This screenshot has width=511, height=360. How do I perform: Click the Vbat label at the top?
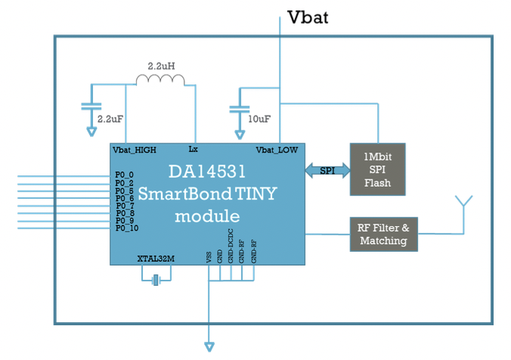(x=308, y=17)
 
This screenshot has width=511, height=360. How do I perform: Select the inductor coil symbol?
(x=160, y=80)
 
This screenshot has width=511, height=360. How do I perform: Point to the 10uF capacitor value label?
(x=259, y=119)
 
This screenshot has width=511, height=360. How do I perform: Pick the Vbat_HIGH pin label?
(x=135, y=150)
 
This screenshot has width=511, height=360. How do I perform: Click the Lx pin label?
(x=193, y=149)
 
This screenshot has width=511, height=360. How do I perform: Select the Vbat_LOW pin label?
(x=277, y=150)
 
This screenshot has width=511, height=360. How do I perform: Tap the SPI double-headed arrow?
(x=327, y=171)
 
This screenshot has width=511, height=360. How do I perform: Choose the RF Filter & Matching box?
(x=382, y=234)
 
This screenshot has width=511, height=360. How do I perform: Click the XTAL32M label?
(x=157, y=259)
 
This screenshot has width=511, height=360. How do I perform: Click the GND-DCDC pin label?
(x=231, y=249)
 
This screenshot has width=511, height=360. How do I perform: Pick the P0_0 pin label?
(x=124, y=175)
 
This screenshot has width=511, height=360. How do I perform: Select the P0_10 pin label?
(x=126, y=228)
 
